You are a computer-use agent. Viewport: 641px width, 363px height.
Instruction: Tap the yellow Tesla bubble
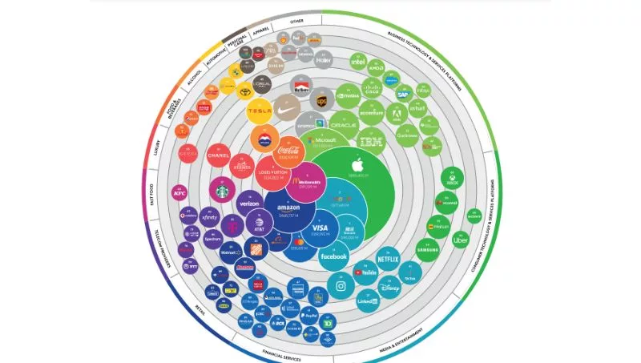[260, 111]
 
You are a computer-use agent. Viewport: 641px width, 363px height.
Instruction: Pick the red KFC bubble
[179, 192]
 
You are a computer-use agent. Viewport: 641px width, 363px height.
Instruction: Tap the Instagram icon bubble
[340, 285]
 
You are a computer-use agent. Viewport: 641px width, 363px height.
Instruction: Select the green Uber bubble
[460, 240]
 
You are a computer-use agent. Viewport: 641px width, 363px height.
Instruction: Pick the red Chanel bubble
[219, 154]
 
